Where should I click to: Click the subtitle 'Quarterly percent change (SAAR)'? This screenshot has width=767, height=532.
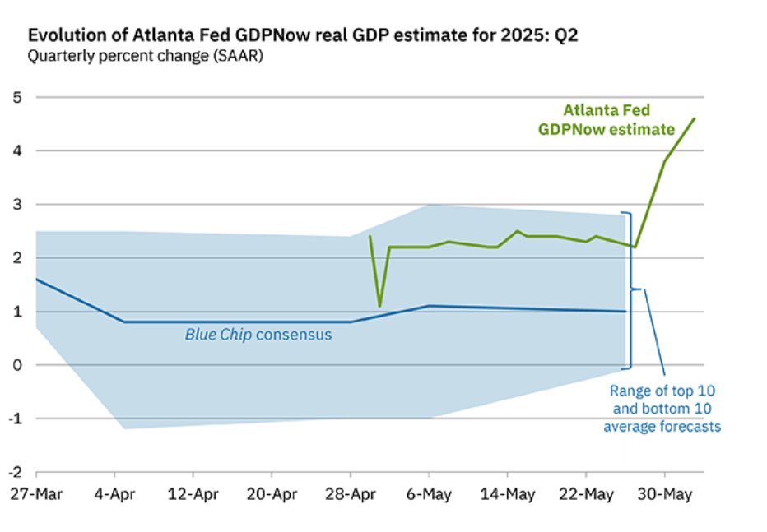145,57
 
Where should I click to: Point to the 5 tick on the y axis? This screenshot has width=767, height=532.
16,97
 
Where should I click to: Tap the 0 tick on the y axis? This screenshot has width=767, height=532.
16,365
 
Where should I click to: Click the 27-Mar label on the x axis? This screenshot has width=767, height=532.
35,495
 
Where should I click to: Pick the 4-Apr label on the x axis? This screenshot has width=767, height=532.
114,495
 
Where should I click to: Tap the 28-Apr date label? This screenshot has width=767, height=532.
351,495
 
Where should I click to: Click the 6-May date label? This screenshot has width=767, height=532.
429,495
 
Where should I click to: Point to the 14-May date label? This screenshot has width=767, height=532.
507,495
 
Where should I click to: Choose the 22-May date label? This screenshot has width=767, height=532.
586,495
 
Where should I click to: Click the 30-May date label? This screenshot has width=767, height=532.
665,495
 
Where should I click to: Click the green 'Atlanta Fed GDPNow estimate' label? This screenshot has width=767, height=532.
607,119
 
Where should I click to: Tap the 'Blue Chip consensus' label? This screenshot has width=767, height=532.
258,335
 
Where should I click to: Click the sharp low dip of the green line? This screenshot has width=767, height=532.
379,306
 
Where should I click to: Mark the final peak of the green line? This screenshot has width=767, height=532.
695,118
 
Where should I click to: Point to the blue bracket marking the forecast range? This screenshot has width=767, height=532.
631,289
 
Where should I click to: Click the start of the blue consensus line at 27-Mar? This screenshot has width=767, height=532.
36,280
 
